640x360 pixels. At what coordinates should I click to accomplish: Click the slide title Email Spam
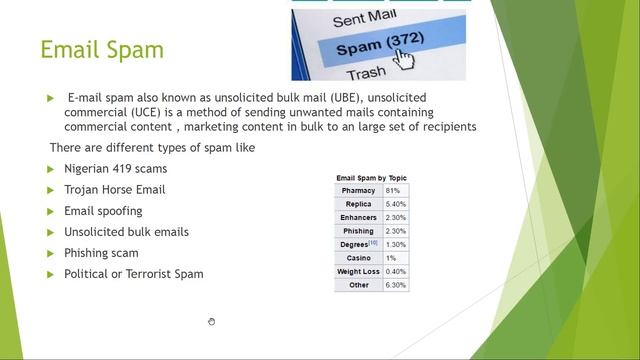tap(101, 49)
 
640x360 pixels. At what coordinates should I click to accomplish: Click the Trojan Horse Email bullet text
tap(114, 190)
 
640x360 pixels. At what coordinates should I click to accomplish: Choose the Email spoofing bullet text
tap(103, 211)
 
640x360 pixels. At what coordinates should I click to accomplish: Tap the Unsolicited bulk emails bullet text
tap(126, 232)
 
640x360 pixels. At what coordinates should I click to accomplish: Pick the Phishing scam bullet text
tap(101, 253)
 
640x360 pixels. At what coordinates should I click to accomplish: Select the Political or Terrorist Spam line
tap(133, 274)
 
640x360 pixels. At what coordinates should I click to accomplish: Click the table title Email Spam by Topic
tap(371, 178)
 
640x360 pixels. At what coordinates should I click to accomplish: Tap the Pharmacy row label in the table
tap(358, 190)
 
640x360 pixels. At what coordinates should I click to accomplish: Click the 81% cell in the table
tap(393, 190)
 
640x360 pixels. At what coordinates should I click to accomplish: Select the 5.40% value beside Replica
tap(395, 204)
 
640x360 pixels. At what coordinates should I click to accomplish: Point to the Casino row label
tap(358, 258)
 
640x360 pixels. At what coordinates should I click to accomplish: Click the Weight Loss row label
tap(358, 271)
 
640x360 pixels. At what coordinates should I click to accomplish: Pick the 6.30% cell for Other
tap(395, 285)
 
